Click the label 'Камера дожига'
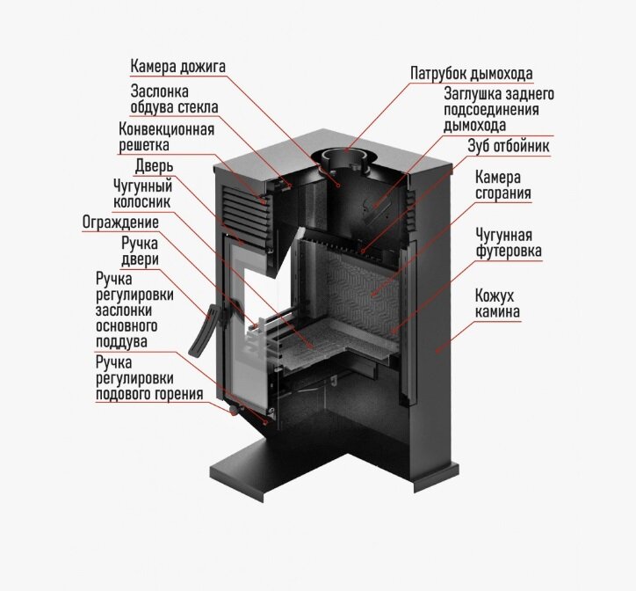tap(178, 66)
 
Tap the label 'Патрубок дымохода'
tap(471, 72)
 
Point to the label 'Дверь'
tap(154, 166)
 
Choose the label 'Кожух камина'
tap(497, 304)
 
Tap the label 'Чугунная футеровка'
tap(508, 244)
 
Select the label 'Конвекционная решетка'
tap(167, 137)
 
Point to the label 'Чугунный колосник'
tap(142, 193)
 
